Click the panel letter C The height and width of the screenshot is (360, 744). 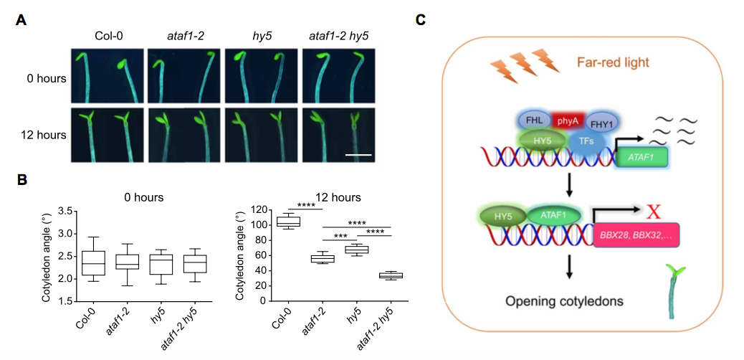[422, 19]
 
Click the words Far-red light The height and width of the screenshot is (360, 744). [614, 63]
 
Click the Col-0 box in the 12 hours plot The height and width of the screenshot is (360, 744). [288, 222]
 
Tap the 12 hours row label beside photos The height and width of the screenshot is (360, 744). [44, 135]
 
